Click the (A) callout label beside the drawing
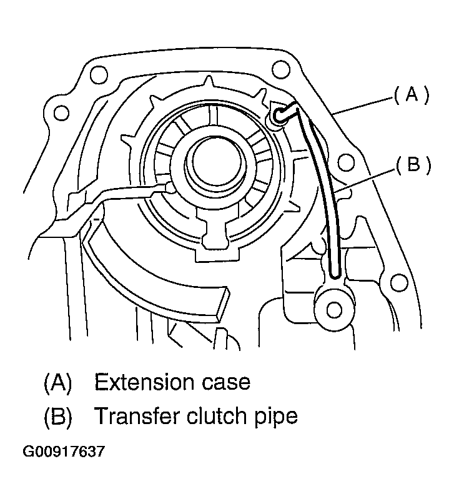410,94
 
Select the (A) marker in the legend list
57,382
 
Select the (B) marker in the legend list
57,416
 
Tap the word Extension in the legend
142,382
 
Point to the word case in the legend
224,382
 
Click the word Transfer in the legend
134,416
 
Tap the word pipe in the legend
275,416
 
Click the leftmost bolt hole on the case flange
60,113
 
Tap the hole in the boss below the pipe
332,309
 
